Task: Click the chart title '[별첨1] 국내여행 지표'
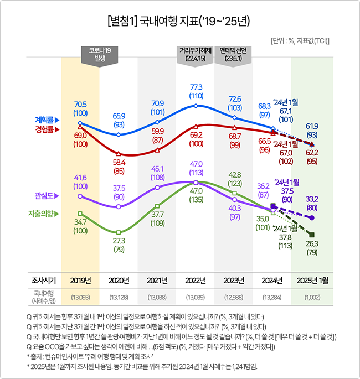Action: [179, 22]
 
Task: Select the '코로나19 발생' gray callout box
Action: [100, 54]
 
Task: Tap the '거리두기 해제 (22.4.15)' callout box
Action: [196, 54]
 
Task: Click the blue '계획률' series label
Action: [47, 120]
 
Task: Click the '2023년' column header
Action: [234, 281]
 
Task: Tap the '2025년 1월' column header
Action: [312, 281]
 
